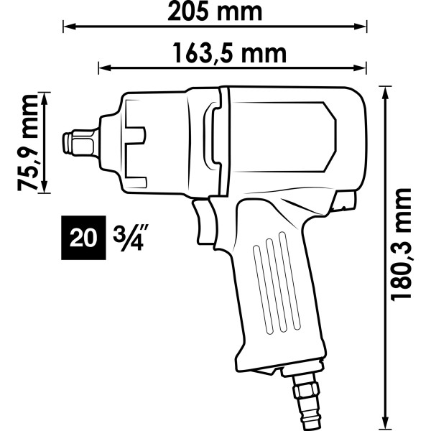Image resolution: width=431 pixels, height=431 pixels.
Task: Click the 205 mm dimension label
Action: click(x=215, y=11)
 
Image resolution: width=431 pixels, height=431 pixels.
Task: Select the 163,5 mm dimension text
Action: click(x=230, y=53)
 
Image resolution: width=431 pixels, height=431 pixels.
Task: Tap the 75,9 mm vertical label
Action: click(x=27, y=143)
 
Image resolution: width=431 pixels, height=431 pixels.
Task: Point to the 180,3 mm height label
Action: click(x=401, y=245)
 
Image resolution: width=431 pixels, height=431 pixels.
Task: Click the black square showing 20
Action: click(x=83, y=238)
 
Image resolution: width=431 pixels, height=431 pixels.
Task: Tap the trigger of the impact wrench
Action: click(x=203, y=221)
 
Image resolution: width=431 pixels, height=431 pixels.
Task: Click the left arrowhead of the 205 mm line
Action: click(x=69, y=27)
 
